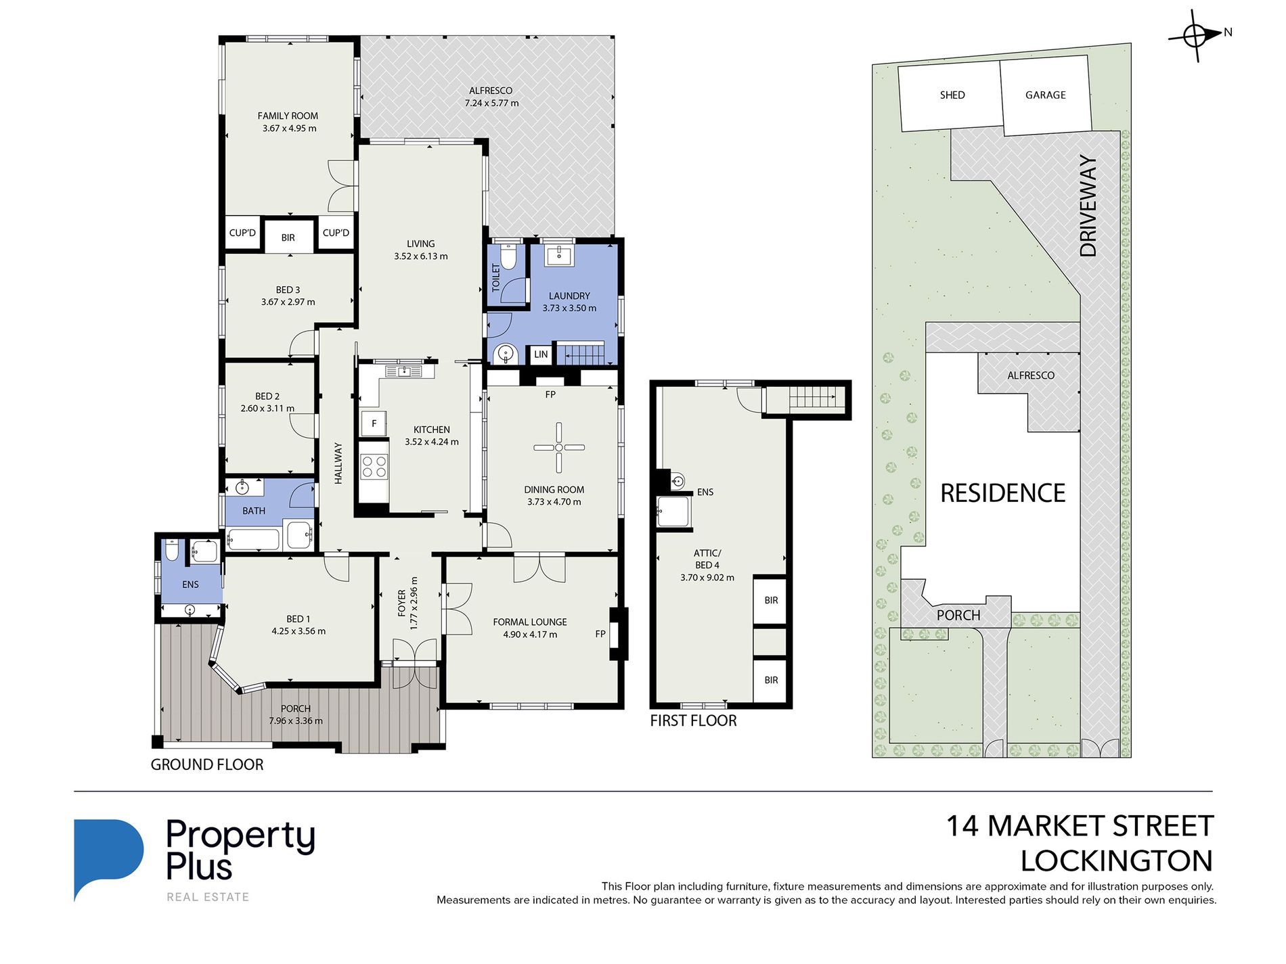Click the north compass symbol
pos(1196,35)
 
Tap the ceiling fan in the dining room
pos(558,447)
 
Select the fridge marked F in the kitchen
pos(374,424)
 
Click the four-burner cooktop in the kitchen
pos(374,466)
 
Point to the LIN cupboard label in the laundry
pos(541,354)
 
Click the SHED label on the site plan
pos(952,95)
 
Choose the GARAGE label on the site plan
pos(1045,95)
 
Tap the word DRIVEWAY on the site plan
pos(1088,206)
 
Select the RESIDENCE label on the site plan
pos(1002,493)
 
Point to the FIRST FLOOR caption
pos(693,721)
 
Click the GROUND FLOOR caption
pos(207,764)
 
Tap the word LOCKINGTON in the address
pos(1117,861)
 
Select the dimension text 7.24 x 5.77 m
pos(491,104)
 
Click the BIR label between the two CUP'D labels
pos(288,238)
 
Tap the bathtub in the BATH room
pos(252,539)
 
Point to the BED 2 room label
pos(267,396)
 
